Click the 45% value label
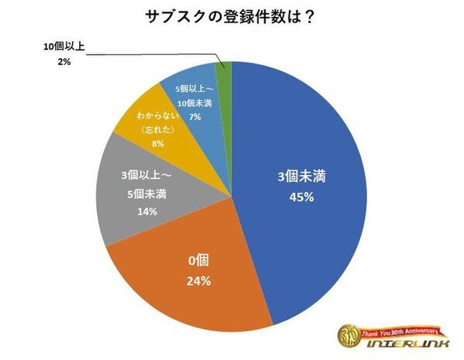pyautogui.click(x=302, y=197)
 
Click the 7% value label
pyautogui.click(x=194, y=115)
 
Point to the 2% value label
pyautogui.click(x=64, y=61)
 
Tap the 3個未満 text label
pyautogui.click(x=302, y=177)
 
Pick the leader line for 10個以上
pyautogui.click(x=155, y=53)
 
